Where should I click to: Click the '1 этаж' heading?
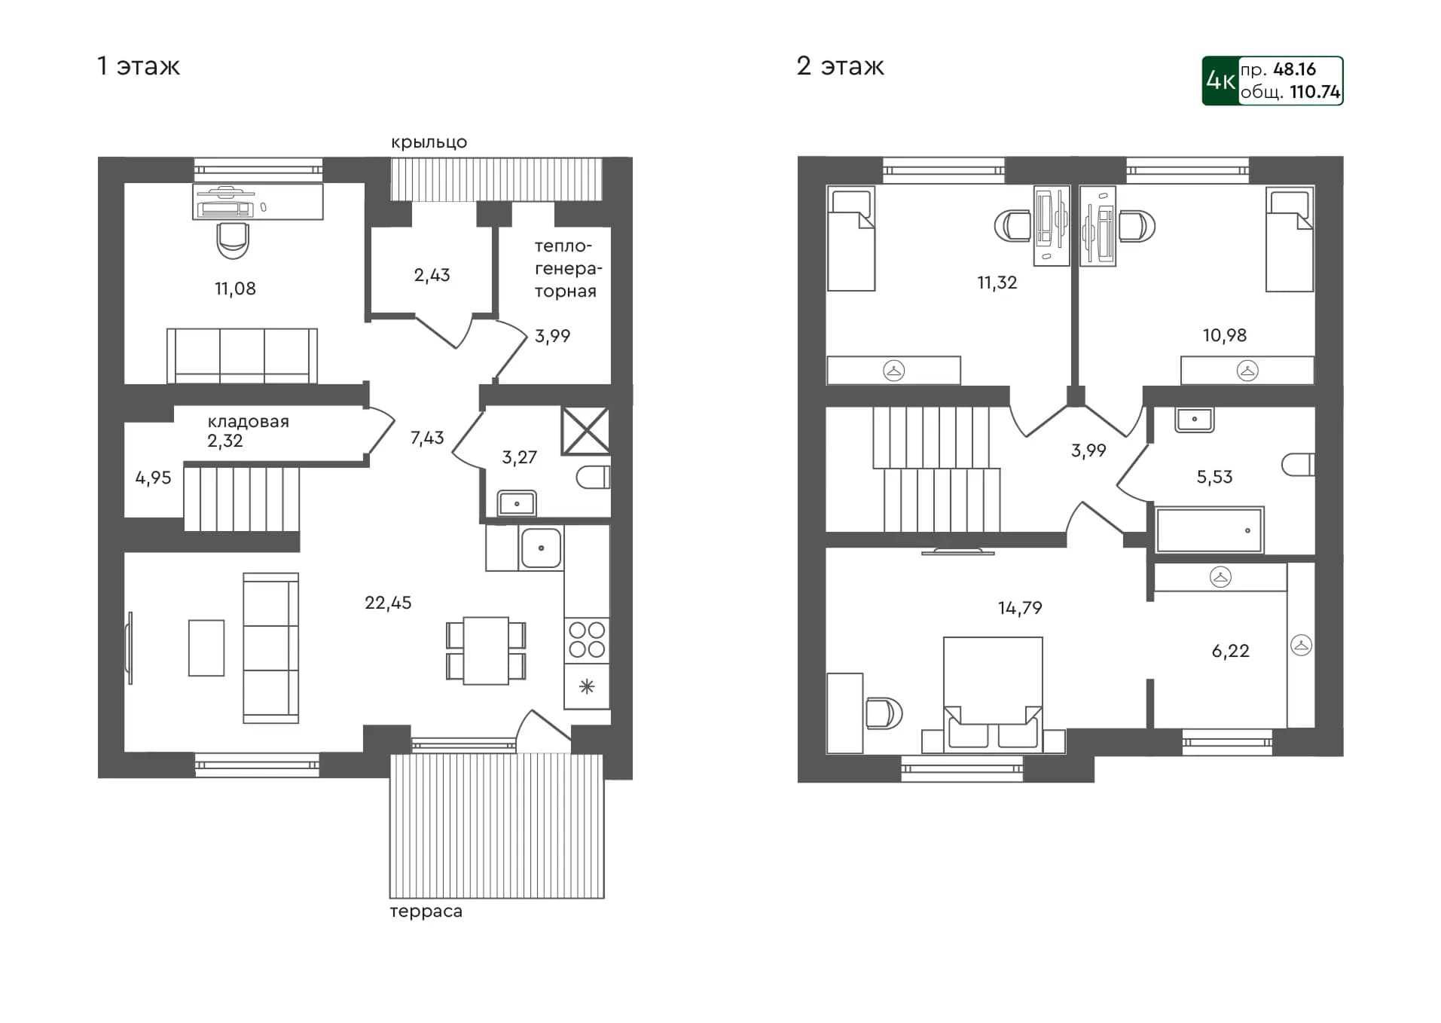[x=139, y=66]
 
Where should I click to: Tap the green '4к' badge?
[x=1220, y=81]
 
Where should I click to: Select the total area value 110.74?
[x=1314, y=92]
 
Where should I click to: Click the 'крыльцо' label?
[x=429, y=142]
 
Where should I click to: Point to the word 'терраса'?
[x=426, y=912]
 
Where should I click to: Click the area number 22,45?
[x=388, y=603]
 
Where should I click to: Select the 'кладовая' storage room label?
[x=248, y=422]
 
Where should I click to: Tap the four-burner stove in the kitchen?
[x=587, y=640]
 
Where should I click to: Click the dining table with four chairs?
[x=486, y=651]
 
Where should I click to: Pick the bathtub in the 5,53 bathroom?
[x=1209, y=530]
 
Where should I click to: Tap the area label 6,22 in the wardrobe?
[x=1230, y=651]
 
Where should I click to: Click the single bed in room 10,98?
[x=1290, y=240]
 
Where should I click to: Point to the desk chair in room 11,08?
[x=233, y=240]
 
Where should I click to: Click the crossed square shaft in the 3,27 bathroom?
[x=585, y=431]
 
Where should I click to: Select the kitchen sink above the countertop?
[x=541, y=548]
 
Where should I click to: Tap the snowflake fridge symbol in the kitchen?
[x=587, y=686]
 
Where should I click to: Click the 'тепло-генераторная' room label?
[x=567, y=268]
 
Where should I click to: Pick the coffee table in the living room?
[x=206, y=648]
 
